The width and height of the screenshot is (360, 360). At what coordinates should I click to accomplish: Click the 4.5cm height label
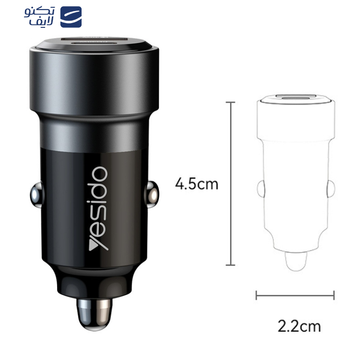coord(196,184)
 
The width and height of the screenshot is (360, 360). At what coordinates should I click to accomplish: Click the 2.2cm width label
coord(299,326)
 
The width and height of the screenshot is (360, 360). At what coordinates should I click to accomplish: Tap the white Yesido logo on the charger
coord(98,208)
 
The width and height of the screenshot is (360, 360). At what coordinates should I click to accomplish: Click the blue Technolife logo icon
coord(71,17)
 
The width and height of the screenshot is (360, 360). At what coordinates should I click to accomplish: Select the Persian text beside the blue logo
coord(39,16)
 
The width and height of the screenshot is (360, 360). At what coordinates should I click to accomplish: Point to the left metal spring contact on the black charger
coord(36,195)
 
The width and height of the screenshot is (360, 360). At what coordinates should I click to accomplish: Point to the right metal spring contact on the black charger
coord(152,195)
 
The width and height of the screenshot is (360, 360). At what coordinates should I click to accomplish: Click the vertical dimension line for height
coord(230,184)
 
